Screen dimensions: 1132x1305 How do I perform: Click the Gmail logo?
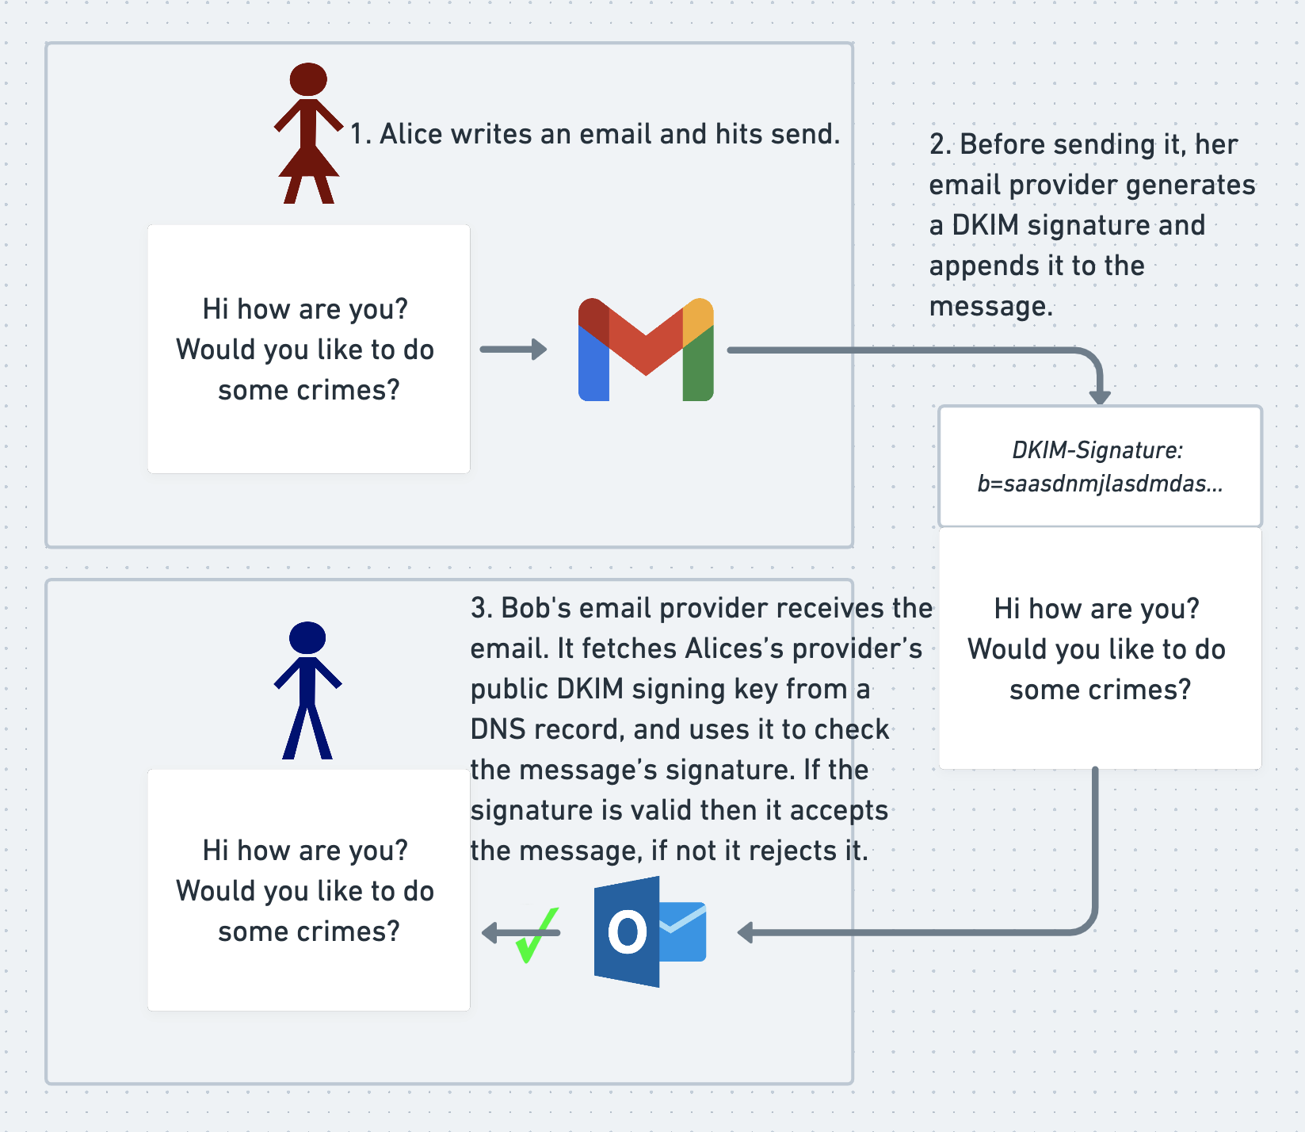[x=646, y=350]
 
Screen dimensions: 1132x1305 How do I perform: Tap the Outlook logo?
[x=650, y=931]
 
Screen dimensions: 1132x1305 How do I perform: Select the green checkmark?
[x=536, y=935]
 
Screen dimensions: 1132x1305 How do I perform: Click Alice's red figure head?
[x=308, y=79]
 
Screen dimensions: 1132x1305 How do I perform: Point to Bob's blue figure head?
[x=307, y=637]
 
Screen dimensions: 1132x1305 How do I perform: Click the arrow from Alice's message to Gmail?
[x=513, y=350]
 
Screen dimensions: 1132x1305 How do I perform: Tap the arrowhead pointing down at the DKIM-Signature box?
[x=1100, y=396]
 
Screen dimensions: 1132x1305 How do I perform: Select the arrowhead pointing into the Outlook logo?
[x=746, y=932]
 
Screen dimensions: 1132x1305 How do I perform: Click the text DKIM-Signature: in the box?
[x=1097, y=450]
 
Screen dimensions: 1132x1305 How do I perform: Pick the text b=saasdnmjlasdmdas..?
[x=1100, y=484]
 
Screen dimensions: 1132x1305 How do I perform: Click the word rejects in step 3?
[x=792, y=851]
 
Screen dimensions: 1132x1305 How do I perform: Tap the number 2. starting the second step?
[x=940, y=144]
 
